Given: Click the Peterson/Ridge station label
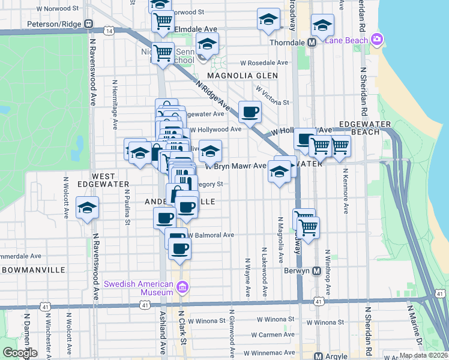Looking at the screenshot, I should (x=55, y=24).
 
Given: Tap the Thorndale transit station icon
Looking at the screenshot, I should (x=312, y=43).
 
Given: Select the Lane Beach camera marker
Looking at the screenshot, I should (x=377, y=40).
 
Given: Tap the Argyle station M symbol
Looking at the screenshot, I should (x=319, y=356).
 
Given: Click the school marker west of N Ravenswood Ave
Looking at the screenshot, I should (x=88, y=208).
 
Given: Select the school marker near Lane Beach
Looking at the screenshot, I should (x=322, y=25).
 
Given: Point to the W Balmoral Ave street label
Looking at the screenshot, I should (x=211, y=235).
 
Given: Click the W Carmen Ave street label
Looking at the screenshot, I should (x=273, y=334).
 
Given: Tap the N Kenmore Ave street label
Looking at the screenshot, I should (x=346, y=191).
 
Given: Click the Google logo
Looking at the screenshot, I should (x=20, y=353).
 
